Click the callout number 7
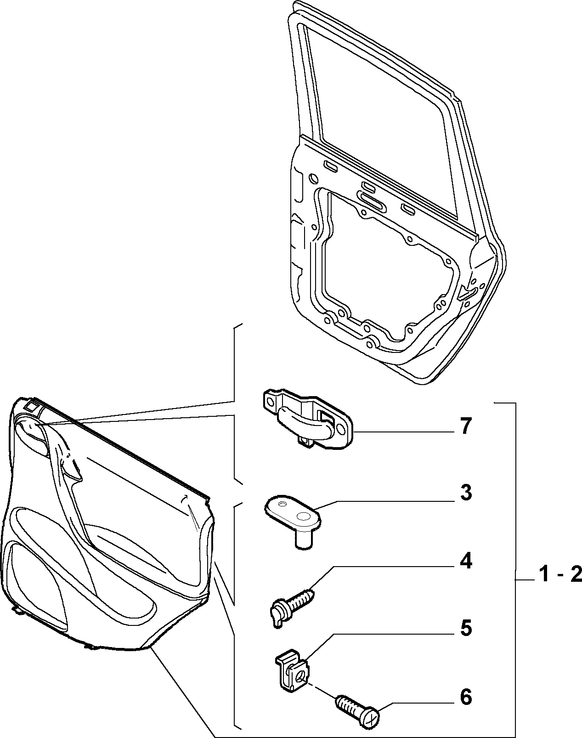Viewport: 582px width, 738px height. point(465,426)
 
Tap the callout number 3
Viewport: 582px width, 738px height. point(466,493)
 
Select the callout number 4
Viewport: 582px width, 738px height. point(466,562)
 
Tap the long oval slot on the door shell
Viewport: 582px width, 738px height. point(372,199)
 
